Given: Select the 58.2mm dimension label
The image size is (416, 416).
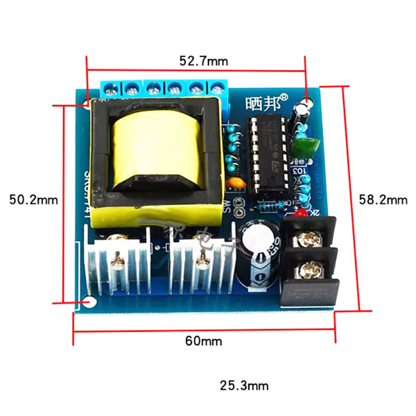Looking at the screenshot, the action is pyautogui.click(x=383, y=199).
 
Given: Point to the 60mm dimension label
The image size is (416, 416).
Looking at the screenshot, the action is pyautogui.click(x=202, y=341).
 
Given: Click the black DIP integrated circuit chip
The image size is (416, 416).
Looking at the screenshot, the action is pyautogui.click(x=266, y=153).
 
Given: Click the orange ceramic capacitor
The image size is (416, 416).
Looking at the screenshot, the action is pyautogui.click(x=236, y=182).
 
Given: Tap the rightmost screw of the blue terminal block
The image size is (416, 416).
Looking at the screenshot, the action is pyautogui.click(x=218, y=89).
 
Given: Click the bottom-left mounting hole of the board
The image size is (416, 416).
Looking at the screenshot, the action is pyautogui.click(x=90, y=302).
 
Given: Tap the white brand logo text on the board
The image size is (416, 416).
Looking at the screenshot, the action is pyautogui.click(x=263, y=101).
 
